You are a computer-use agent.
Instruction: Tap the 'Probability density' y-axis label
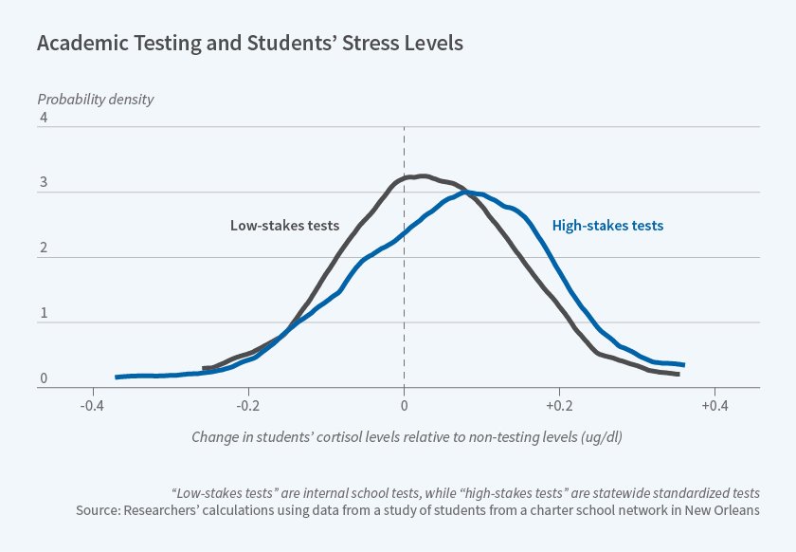(95, 99)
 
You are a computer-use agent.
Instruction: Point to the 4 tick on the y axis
(43, 118)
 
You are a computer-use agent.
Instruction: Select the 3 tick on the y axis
(43, 183)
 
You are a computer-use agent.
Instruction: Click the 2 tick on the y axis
(43, 248)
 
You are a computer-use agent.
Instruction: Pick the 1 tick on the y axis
(43, 314)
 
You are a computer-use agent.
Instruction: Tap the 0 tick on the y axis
(43, 378)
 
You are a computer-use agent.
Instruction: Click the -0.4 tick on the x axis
(91, 406)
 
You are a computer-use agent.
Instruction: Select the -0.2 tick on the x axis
(248, 406)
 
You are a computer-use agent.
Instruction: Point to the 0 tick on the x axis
(405, 406)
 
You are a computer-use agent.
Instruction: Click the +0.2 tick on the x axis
(558, 406)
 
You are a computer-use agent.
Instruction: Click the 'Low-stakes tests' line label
(284, 226)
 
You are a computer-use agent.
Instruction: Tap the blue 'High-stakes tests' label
(607, 226)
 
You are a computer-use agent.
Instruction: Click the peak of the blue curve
(467, 193)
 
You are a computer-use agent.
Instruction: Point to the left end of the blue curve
(117, 377)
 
